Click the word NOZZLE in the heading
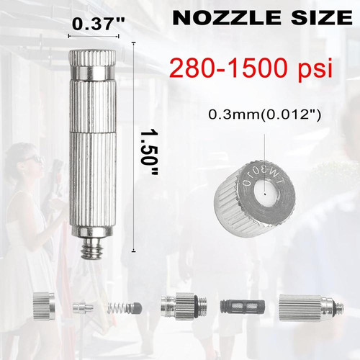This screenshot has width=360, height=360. pyautogui.click(x=227, y=17)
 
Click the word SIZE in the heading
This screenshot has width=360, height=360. pyautogui.click(x=322, y=17)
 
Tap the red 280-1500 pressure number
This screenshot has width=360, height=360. pyautogui.click(x=228, y=68)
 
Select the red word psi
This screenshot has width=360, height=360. pyautogui.click(x=315, y=70)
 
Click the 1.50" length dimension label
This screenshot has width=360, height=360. pyautogui.click(x=149, y=153)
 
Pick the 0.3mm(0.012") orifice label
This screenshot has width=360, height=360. pyautogui.click(x=264, y=115)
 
